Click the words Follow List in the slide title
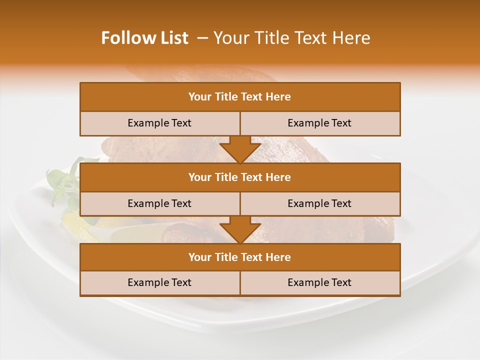coord(145,38)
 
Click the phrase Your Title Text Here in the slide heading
coord(292,38)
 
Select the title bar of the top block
coord(240,97)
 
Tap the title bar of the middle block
coord(240,177)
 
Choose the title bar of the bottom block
coord(240,257)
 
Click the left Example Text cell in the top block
coord(159,123)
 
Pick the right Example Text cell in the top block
coord(320,123)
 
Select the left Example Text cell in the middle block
coord(159,204)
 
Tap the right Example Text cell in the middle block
coord(320,204)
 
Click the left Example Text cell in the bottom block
coord(159,283)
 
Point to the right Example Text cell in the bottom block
coord(320,283)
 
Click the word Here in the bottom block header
coord(278,257)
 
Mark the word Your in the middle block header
coord(199,177)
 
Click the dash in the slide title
coord(202,38)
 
